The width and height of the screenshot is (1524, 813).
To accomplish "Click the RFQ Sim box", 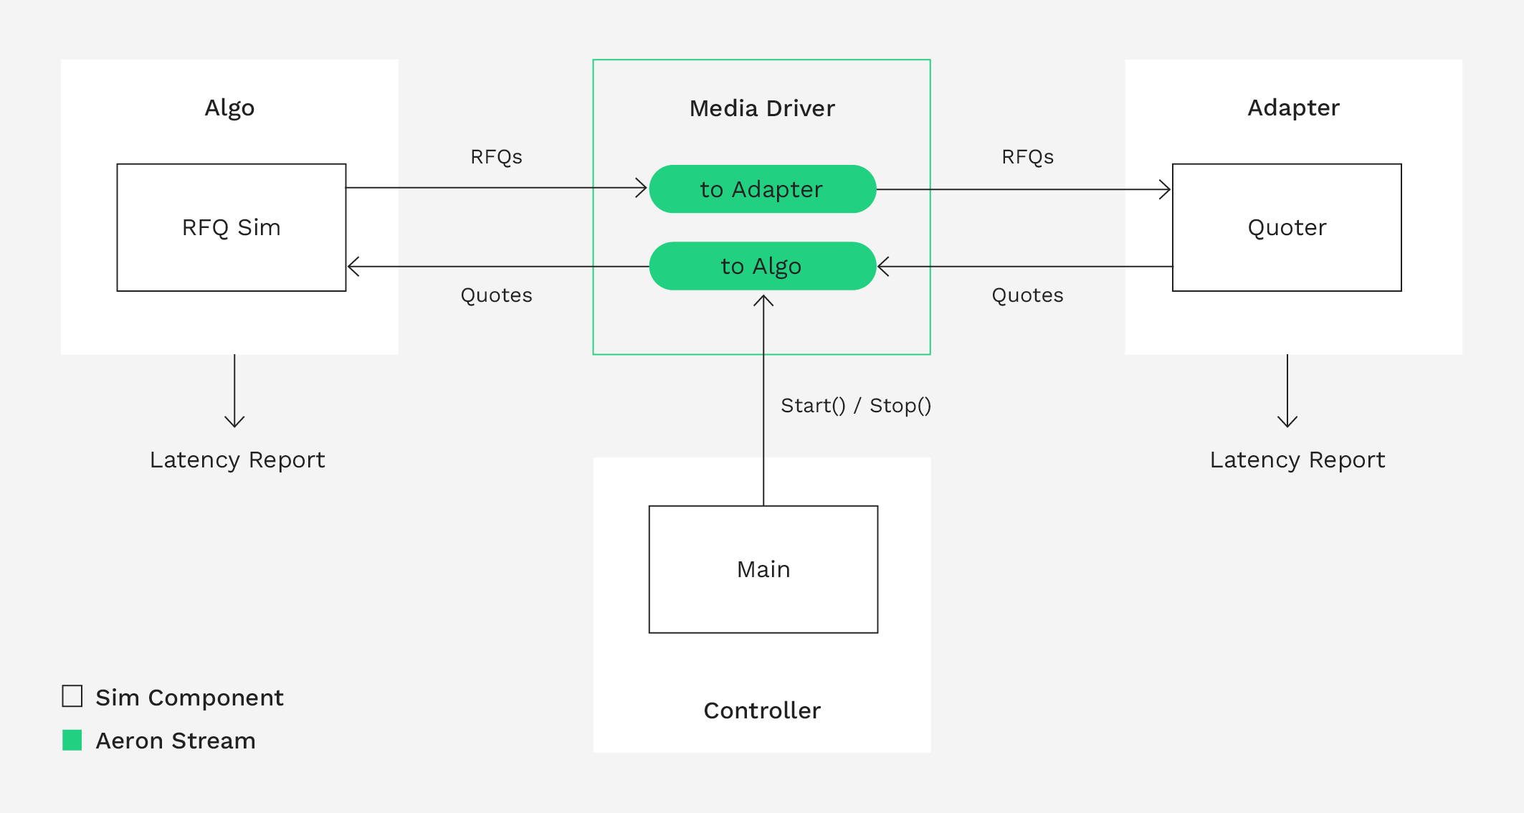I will coord(231,227).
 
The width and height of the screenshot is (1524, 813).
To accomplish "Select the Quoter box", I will coord(1287,227).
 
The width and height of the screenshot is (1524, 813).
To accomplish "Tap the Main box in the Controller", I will coord(763,569).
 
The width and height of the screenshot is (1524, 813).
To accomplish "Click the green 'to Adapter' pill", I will coord(762,189).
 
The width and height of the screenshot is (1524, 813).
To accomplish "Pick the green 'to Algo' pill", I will coord(762,266).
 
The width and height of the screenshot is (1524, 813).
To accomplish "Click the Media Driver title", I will coord(762,108).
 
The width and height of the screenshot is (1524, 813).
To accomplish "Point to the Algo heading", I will coord(229,108).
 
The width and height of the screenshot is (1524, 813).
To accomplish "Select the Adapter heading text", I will coord(1293,108).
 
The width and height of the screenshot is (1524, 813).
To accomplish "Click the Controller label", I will coord(762,710).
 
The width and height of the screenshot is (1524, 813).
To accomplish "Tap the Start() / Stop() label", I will coord(856,406).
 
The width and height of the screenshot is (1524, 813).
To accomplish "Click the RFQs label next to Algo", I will coord(496,157).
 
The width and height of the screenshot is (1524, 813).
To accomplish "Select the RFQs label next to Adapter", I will coord(1027,157).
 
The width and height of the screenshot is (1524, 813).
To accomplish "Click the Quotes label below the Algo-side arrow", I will coord(496,295).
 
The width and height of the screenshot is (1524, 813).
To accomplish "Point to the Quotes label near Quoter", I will coord(1027,295).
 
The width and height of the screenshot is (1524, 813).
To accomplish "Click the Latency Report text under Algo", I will coord(237,460).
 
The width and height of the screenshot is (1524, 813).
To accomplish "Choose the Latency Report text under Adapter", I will coord(1297,460).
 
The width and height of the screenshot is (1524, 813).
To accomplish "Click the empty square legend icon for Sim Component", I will coord(72,696).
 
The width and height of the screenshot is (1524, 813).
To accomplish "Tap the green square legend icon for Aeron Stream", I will coord(72,740).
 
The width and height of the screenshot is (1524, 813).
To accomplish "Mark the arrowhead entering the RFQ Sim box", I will coord(352,267).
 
